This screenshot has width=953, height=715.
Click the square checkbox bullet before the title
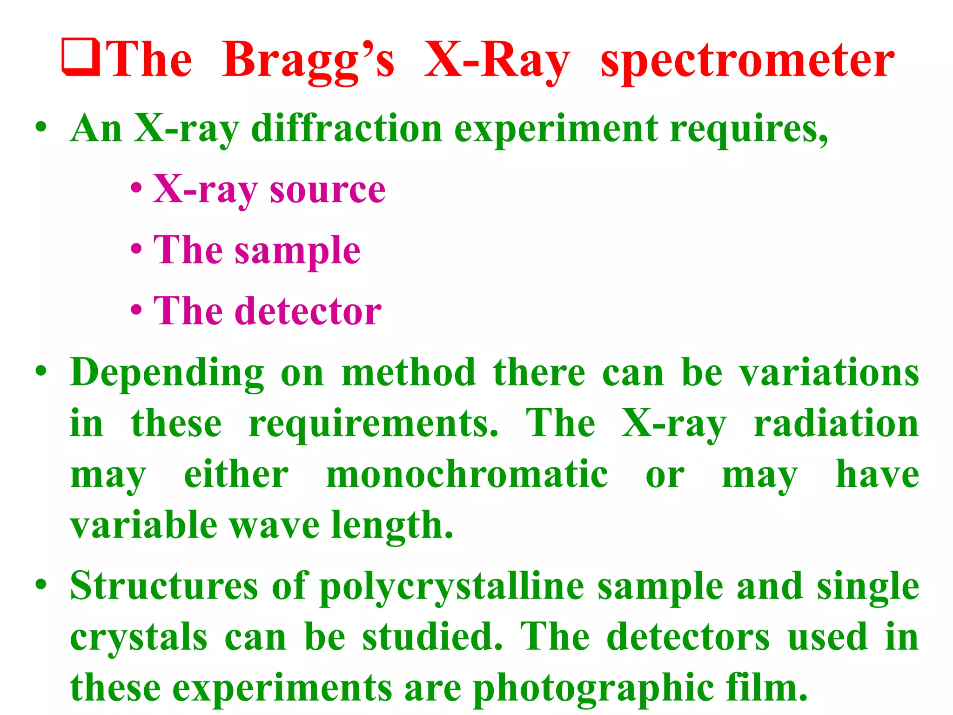81,58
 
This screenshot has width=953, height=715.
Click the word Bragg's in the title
308,61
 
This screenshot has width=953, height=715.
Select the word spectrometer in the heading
747,61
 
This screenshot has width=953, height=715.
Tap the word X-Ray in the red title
497,61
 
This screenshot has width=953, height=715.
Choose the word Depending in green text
167,374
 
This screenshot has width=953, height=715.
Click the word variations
829,373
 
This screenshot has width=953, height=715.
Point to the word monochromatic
467,474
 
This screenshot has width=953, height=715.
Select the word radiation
836,424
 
